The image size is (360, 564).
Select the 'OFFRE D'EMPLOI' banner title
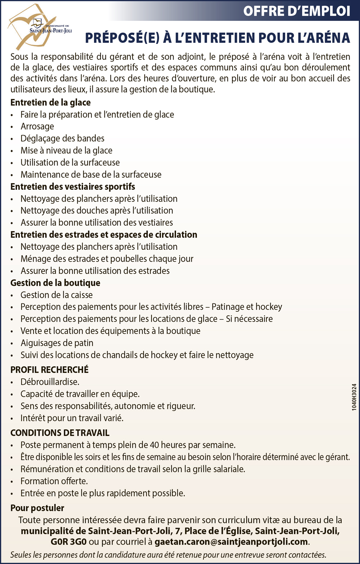pyautogui.click(x=297, y=11)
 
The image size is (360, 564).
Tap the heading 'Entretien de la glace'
pyautogui.click(x=50, y=103)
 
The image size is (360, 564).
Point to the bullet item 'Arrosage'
pyautogui.click(x=37, y=126)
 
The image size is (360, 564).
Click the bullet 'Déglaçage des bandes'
pyautogui.click(x=62, y=139)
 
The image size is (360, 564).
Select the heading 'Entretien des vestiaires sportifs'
pyautogui.click(x=73, y=186)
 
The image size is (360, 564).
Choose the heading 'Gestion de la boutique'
pyautogui.click(x=55, y=283)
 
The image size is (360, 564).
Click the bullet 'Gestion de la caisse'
pyautogui.click(x=57, y=295)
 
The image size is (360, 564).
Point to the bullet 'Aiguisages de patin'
pyautogui.click(x=57, y=343)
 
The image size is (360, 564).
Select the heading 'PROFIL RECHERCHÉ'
pyautogui.click(x=49, y=370)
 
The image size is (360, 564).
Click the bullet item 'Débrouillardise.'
pyautogui.click(x=50, y=382)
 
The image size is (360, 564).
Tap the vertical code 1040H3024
pyautogui.click(x=354, y=397)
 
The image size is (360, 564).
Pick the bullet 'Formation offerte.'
pyautogui.click(x=54, y=481)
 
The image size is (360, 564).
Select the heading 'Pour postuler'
pyautogui.click(x=37, y=508)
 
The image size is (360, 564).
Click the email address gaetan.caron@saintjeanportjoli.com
pyautogui.click(x=231, y=542)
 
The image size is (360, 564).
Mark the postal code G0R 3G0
pyautogui.click(x=68, y=542)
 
